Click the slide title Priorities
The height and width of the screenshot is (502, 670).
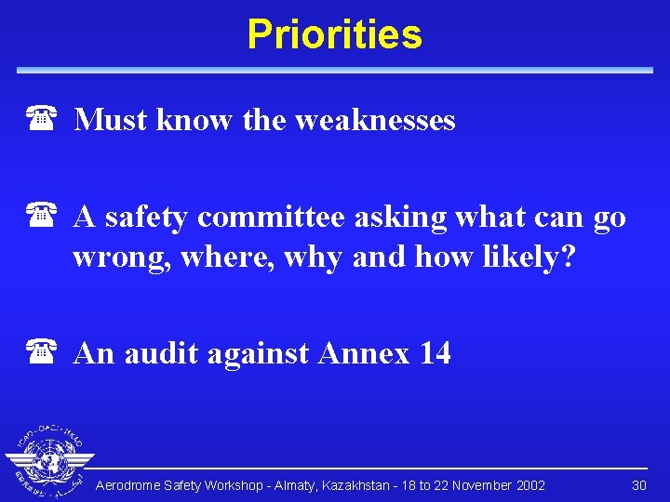point(334,35)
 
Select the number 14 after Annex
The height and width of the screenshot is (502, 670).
point(434,353)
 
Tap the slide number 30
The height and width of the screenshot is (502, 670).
point(639,485)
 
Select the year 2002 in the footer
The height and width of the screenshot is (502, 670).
point(529,485)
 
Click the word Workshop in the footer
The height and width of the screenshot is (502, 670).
point(229,485)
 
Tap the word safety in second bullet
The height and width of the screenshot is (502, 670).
point(144,218)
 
